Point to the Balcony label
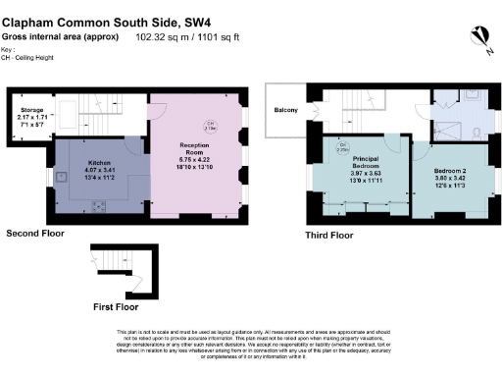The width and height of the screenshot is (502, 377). point(286,110)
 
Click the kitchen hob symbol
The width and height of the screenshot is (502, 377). point(100,205)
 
